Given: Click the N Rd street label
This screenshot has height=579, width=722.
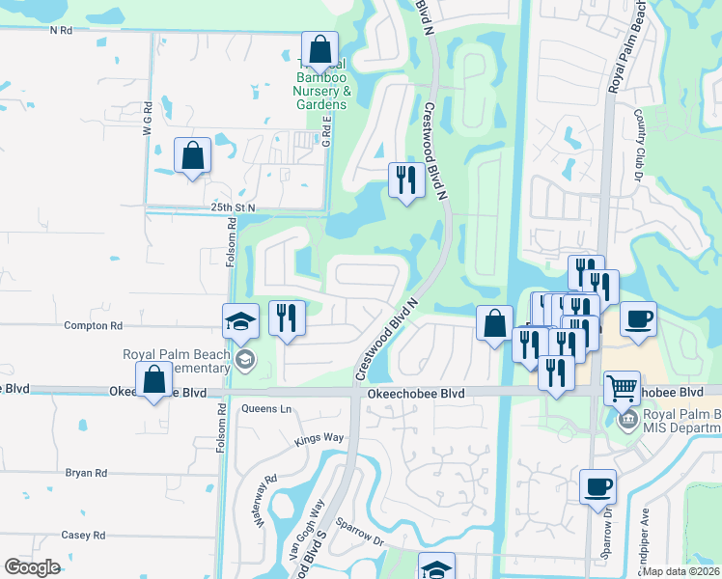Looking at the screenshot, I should point(61,31).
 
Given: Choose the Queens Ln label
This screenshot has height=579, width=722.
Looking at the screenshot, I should point(266,408).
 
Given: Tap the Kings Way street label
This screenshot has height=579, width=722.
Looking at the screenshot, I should point(319,438).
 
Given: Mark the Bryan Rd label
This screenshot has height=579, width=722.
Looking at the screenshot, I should point(86,473).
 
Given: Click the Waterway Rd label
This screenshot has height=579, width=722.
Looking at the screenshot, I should point(264,492).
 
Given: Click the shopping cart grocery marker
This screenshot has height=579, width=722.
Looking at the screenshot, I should point(622,388).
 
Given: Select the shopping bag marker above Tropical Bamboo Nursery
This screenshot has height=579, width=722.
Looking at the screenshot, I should point(319,47).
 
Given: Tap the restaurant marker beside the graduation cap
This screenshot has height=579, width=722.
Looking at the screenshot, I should point(286,317).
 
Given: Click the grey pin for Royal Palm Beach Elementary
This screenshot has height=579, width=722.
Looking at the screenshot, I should point(245,361).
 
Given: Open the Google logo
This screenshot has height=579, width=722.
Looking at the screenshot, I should point(32,567).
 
